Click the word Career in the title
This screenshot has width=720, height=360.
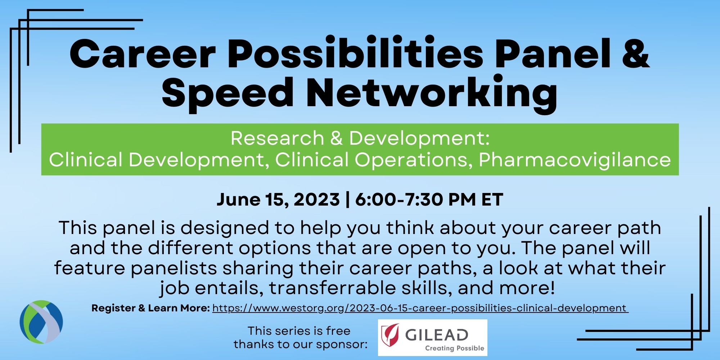[x=142, y=54]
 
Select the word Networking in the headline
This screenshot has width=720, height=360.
[x=432, y=93]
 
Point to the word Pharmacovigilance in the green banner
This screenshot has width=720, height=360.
[x=575, y=159]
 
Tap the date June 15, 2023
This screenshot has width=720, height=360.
[x=278, y=199]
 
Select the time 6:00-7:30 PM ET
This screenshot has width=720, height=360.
[x=429, y=199]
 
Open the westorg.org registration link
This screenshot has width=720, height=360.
[x=420, y=309]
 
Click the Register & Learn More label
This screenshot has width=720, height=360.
[x=150, y=308]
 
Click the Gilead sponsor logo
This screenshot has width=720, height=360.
[x=433, y=338]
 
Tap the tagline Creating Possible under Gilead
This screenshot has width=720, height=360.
[x=455, y=348]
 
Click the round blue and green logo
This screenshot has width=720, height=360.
[x=41, y=322]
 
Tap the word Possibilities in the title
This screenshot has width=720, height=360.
[x=355, y=54]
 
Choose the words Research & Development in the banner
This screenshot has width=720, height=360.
[x=360, y=138]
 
